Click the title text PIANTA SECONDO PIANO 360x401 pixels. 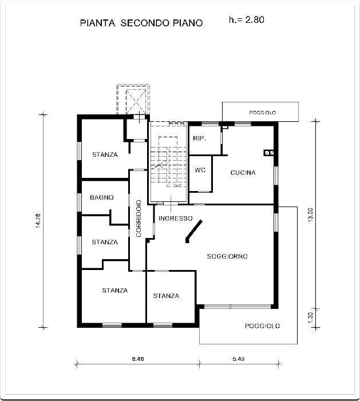pyautogui.click(x=141, y=23)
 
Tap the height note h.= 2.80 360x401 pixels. pyautogui.click(x=247, y=19)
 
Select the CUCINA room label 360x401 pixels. pyautogui.click(x=243, y=173)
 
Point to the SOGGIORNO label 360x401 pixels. pyautogui.click(x=227, y=256)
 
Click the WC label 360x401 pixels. pyautogui.click(x=200, y=170)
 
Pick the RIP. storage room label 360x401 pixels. pyautogui.click(x=200, y=138)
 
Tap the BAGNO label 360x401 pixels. pyautogui.click(x=102, y=197)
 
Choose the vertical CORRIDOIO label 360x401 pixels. pyautogui.click(x=139, y=219)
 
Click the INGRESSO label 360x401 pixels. pyautogui.click(x=176, y=219)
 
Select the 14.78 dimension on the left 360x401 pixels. pyautogui.click(x=38, y=220)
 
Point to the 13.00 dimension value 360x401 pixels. pyautogui.click(x=310, y=215)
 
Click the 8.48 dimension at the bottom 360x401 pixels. pyautogui.click(x=138, y=359)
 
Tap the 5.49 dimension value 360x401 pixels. pyautogui.click(x=239, y=359)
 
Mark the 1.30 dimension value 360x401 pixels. pyautogui.click(x=310, y=317)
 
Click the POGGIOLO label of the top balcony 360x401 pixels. pyautogui.click(x=263, y=113)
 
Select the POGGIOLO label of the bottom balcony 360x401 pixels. pyautogui.click(x=263, y=326)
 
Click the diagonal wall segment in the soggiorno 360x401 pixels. pyautogui.click(x=194, y=231)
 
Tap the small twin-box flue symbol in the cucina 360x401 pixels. pyautogui.click(x=269, y=153)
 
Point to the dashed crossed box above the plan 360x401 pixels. pyautogui.click(x=136, y=102)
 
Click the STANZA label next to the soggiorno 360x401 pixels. pyautogui.click(x=167, y=296)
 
